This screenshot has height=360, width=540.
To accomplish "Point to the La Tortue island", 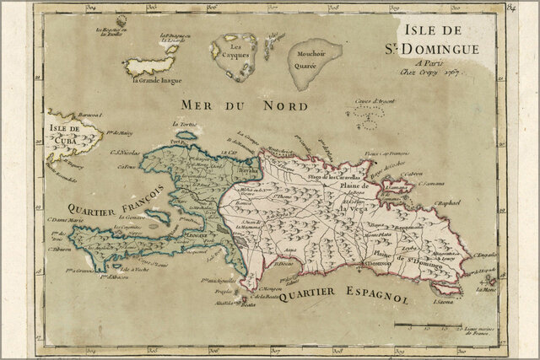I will pyautogui.click(x=187, y=133).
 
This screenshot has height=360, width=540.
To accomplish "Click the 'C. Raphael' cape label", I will pyautogui.click(x=451, y=203).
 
